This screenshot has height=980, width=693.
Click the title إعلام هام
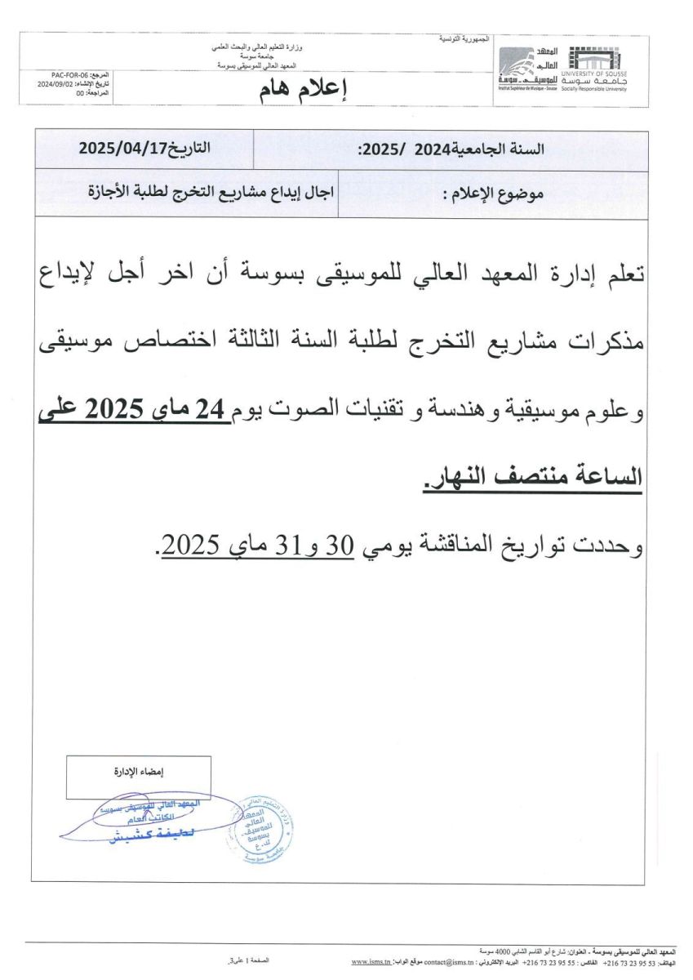click(x=302, y=91)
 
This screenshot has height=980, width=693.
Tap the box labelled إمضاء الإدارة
click(x=138, y=771)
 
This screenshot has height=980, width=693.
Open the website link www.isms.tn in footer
click(x=371, y=963)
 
